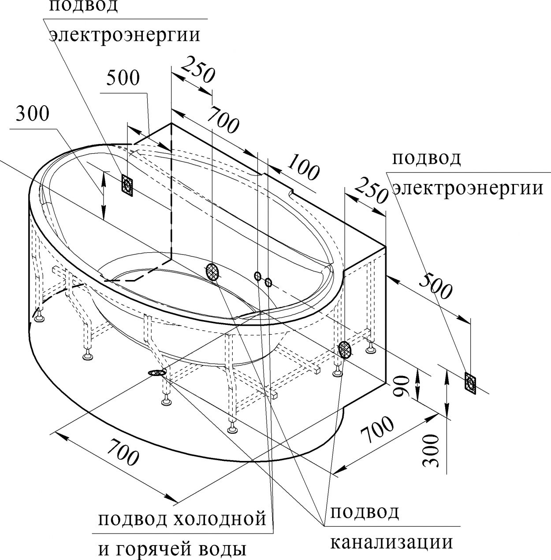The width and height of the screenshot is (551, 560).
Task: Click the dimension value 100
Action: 303,167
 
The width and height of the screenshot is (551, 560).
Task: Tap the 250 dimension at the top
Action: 198,70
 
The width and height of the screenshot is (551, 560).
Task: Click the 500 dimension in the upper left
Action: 123,78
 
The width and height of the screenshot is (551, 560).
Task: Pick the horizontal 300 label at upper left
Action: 32,114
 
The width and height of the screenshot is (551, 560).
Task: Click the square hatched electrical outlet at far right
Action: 470,383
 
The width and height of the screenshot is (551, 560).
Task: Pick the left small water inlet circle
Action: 257,276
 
